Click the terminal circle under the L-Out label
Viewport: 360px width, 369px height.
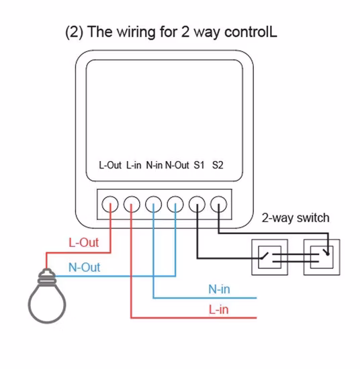pyautogui.click(x=110, y=203)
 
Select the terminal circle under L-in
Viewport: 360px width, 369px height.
pyautogui.click(x=132, y=203)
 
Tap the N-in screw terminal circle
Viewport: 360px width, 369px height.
pyautogui.click(x=154, y=203)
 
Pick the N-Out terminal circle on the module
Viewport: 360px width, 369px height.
pyautogui.click(x=175, y=203)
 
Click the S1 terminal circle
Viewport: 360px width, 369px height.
pyautogui.click(x=197, y=203)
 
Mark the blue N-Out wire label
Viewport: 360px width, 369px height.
pyautogui.click(x=84, y=267)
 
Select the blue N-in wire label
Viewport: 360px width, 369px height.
pyautogui.click(x=219, y=289)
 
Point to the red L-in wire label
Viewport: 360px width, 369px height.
pyautogui.click(x=218, y=309)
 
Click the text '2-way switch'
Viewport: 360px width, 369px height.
pyautogui.click(x=296, y=217)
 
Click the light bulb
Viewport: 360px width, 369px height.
pyautogui.click(x=47, y=299)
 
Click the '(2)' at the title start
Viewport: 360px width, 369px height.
pyautogui.click(x=73, y=32)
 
